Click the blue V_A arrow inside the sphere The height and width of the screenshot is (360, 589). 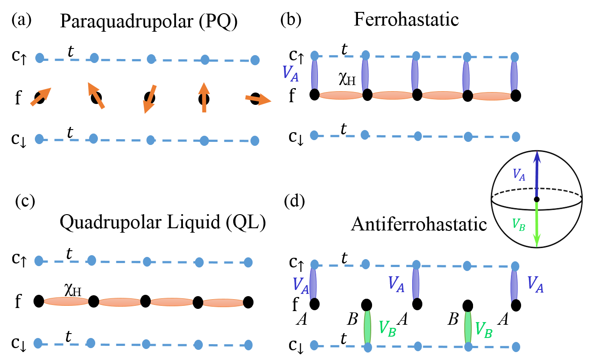pos(537,176)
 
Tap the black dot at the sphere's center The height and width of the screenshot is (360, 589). pos(537,199)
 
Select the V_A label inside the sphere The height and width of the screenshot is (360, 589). pos(519,174)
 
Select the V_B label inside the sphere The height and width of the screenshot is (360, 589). pos(518,224)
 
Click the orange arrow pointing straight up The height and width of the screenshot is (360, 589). pos(204,97)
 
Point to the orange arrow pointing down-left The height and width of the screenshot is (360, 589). pos(150,99)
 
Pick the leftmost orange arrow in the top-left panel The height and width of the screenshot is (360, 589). pos(41,97)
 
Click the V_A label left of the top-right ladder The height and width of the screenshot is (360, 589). pos(290,73)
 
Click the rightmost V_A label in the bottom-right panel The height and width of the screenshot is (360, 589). pos(535,284)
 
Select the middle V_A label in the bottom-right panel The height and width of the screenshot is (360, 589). pos(396,284)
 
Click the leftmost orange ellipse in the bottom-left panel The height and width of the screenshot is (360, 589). pos(66,301)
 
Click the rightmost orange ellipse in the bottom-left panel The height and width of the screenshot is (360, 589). pos(223,303)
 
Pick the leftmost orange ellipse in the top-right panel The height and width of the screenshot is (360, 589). pos(341,95)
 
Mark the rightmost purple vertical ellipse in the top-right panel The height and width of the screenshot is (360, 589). pos(514,75)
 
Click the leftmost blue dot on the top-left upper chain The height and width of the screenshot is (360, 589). pos(40,58)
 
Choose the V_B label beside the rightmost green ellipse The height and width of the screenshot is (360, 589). pos(483,330)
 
